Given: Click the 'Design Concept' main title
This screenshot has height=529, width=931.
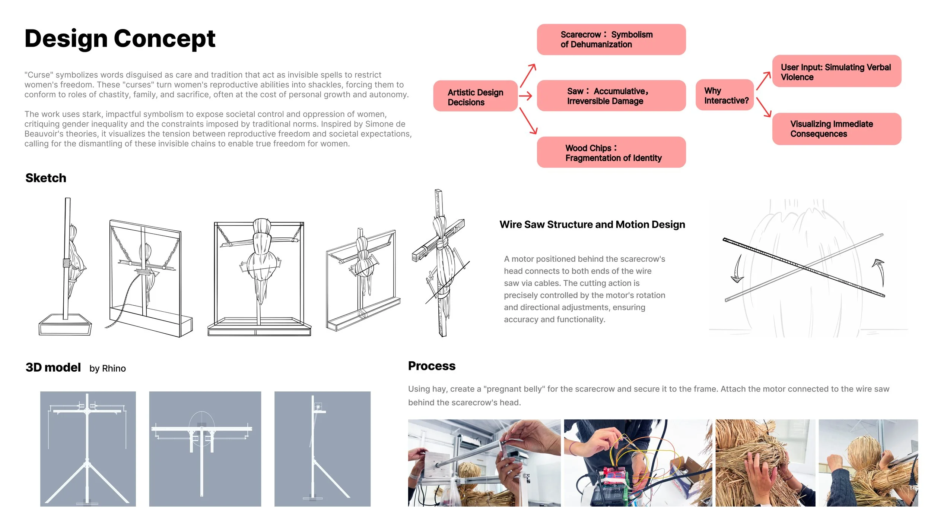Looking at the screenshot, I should coord(120,38).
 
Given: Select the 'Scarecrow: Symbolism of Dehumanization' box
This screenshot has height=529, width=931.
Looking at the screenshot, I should coord(611,40).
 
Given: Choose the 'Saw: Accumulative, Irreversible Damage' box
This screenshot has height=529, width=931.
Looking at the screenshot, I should coord(611,96).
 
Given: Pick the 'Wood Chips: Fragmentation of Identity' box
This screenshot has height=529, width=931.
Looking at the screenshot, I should coord(611,153).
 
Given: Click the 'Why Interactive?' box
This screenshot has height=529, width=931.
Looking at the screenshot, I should coord(725,95).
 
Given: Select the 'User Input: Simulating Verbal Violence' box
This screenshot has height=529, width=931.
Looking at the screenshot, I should coord(836,72).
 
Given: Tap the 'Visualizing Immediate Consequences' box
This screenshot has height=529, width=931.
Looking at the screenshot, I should coord(836,129).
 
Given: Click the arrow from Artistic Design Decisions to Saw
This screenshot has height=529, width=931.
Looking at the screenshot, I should coord(525,96).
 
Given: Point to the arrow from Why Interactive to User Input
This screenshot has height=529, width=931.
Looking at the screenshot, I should coord(763,81).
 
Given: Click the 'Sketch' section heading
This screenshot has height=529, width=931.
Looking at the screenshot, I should coord(46,178).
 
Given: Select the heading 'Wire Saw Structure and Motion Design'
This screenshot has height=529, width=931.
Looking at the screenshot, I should coord(592,224).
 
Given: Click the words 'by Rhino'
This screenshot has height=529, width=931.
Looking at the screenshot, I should coord(108,368).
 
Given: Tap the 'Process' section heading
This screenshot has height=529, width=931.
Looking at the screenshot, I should coord(432,366).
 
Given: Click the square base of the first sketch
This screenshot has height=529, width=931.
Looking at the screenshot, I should coord(65,325).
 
